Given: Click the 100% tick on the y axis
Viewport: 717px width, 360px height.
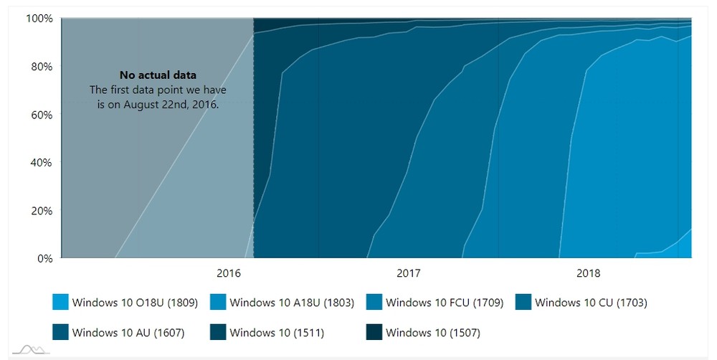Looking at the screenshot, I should pos(40,18).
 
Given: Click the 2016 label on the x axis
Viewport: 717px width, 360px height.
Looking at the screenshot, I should pos(229,273).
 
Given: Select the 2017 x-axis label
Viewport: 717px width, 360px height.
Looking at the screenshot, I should pos(409,273).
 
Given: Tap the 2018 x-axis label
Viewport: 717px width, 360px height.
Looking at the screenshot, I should pos(589,273).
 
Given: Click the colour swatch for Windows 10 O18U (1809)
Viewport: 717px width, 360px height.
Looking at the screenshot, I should pos(61,303).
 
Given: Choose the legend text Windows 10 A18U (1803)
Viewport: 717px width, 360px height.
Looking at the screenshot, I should pos(292,303).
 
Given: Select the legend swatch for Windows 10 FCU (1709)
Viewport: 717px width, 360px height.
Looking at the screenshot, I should pos(374,303).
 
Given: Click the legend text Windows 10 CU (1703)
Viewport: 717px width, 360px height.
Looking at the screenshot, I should pos(591,303).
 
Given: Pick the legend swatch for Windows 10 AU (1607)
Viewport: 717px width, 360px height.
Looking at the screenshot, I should pos(61,332).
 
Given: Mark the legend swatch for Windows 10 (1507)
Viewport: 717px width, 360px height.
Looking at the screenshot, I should pos(374,332).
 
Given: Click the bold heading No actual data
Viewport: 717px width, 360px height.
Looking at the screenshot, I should pos(158,75).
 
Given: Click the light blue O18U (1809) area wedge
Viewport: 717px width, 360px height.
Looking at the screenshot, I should pos(685,248).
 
